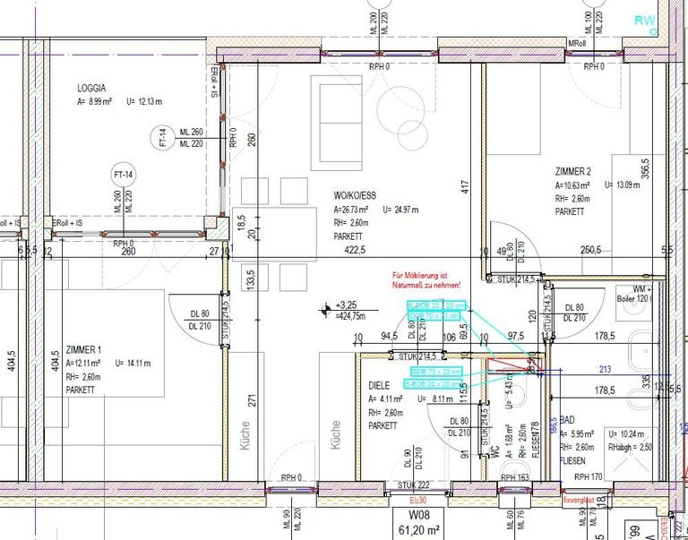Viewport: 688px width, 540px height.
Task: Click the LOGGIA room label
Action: tap(91, 88)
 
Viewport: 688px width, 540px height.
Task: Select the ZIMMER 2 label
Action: tap(573, 171)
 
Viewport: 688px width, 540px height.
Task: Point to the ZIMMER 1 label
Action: tap(84, 349)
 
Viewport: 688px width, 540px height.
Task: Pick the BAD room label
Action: tap(566, 418)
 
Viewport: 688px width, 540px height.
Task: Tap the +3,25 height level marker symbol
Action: tap(325, 311)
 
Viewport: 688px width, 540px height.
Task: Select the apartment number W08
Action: tap(420, 515)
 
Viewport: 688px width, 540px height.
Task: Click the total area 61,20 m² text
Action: tap(420, 529)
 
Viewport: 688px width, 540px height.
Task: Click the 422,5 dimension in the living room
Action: tap(356, 252)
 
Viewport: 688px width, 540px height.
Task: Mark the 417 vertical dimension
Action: tap(464, 187)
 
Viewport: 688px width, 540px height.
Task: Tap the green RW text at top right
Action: tap(645, 20)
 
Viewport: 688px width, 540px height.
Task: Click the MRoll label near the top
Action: tap(578, 43)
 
